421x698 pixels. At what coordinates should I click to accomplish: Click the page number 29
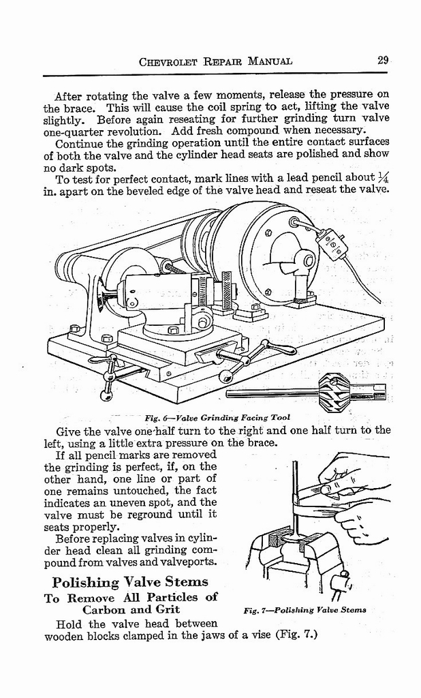[x=383, y=60]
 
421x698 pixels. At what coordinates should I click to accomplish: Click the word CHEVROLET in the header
[x=168, y=61]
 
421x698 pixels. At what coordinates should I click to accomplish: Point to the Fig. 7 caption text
[x=305, y=609]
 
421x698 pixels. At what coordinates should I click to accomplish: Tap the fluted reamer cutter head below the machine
[x=334, y=389]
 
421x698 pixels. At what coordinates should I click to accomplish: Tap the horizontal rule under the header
[x=215, y=74]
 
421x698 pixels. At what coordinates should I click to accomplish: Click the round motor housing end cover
[x=283, y=256]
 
